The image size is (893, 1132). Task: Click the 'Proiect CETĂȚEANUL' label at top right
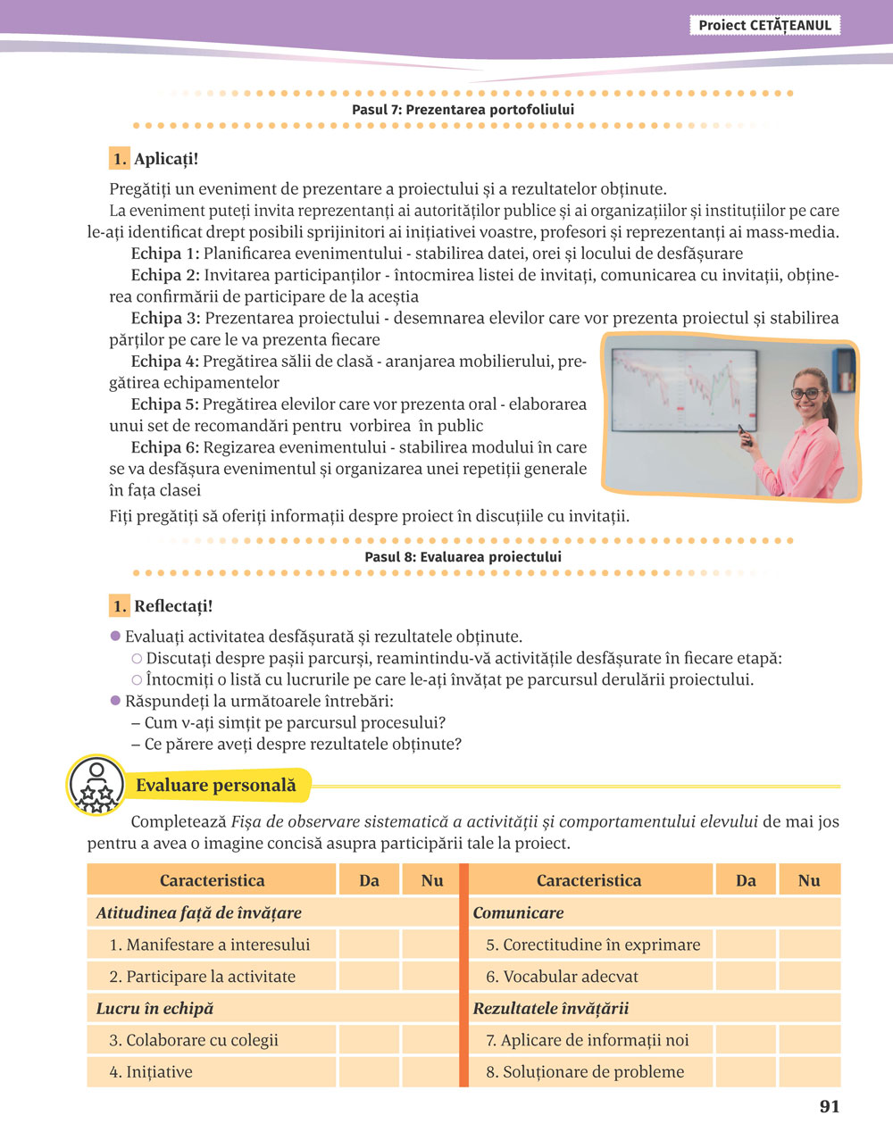point(764,26)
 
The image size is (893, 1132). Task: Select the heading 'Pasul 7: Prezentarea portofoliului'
point(463,110)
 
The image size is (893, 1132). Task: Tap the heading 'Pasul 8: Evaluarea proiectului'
point(463,557)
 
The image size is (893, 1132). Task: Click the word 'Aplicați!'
point(166,160)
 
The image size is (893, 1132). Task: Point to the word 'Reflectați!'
point(173,607)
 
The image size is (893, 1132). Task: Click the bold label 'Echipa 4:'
point(165,362)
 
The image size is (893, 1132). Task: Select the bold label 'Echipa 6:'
point(165,447)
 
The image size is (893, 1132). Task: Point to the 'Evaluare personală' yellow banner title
point(215,786)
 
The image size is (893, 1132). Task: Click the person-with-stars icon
point(96,786)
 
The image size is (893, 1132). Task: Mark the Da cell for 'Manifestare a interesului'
point(369,945)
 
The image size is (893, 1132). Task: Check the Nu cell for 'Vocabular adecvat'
point(809,977)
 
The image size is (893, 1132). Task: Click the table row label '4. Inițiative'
point(151,1072)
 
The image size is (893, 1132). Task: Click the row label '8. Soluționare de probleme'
point(585,1072)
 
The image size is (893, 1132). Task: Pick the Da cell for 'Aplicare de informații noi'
point(746,1040)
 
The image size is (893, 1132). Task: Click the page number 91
point(830,1107)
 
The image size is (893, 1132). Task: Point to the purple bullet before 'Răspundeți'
point(115,701)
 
